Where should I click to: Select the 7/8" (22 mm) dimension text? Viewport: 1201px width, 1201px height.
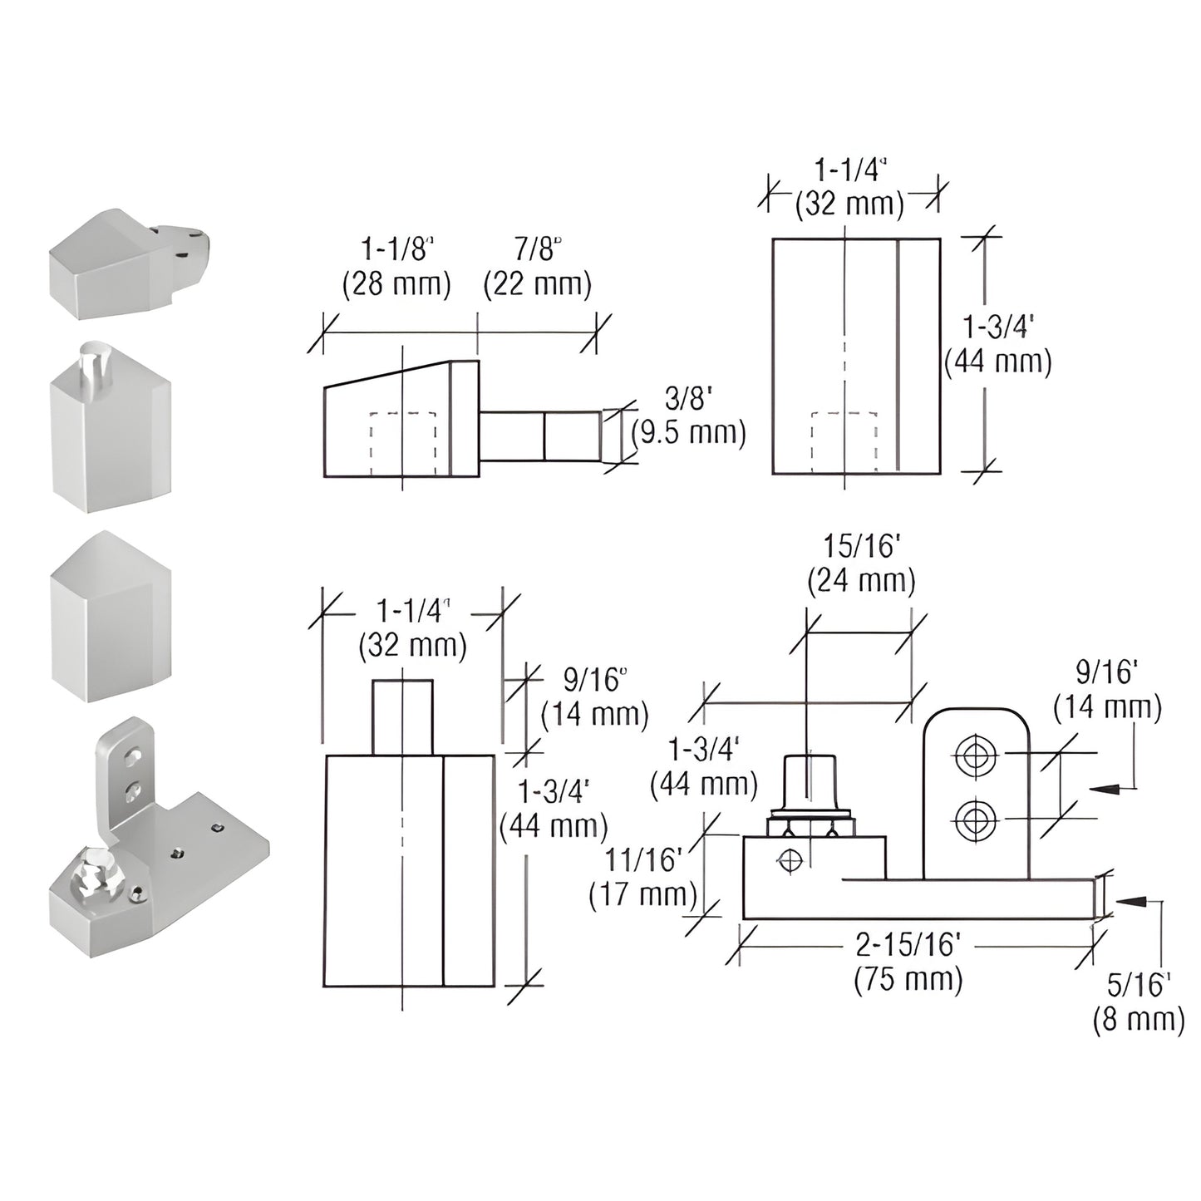[538, 267]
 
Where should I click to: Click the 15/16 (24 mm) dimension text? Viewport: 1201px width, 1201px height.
[861, 564]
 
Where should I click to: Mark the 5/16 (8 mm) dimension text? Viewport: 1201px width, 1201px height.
[1138, 1002]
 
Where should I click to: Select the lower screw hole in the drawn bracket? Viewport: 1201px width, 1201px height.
[976, 821]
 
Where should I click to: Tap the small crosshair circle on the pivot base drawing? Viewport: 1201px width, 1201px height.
[789, 860]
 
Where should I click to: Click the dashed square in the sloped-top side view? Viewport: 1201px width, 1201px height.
[402, 444]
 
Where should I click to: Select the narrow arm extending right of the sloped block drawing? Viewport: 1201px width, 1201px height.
[540, 436]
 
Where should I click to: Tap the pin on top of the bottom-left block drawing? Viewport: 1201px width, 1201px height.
[402, 717]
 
